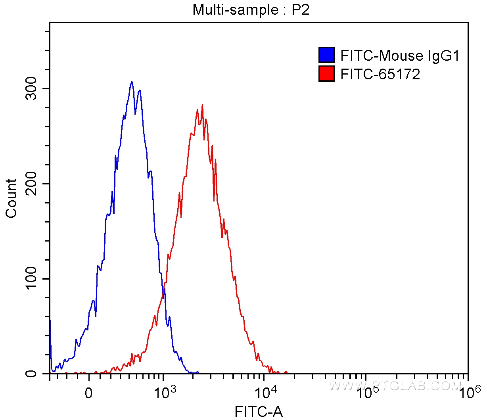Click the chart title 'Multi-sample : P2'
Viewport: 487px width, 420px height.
(x=251, y=9)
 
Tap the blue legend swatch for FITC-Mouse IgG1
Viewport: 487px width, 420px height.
(x=326, y=55)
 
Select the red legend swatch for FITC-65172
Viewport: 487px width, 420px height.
(x=326, y=74)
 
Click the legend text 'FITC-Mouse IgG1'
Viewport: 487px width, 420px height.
(x=400, y=56)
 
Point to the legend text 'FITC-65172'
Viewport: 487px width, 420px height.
(x=380, y=74)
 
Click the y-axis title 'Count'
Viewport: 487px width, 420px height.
(x=12, y=198)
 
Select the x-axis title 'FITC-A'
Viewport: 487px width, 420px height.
(x=259, y=412)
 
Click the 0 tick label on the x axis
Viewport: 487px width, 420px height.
(x=89, y=393)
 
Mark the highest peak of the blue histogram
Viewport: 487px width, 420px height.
(x=132, y=82)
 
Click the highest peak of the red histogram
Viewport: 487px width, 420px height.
(x=202, y=105)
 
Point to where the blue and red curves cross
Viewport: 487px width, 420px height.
(x=163, y=290)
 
